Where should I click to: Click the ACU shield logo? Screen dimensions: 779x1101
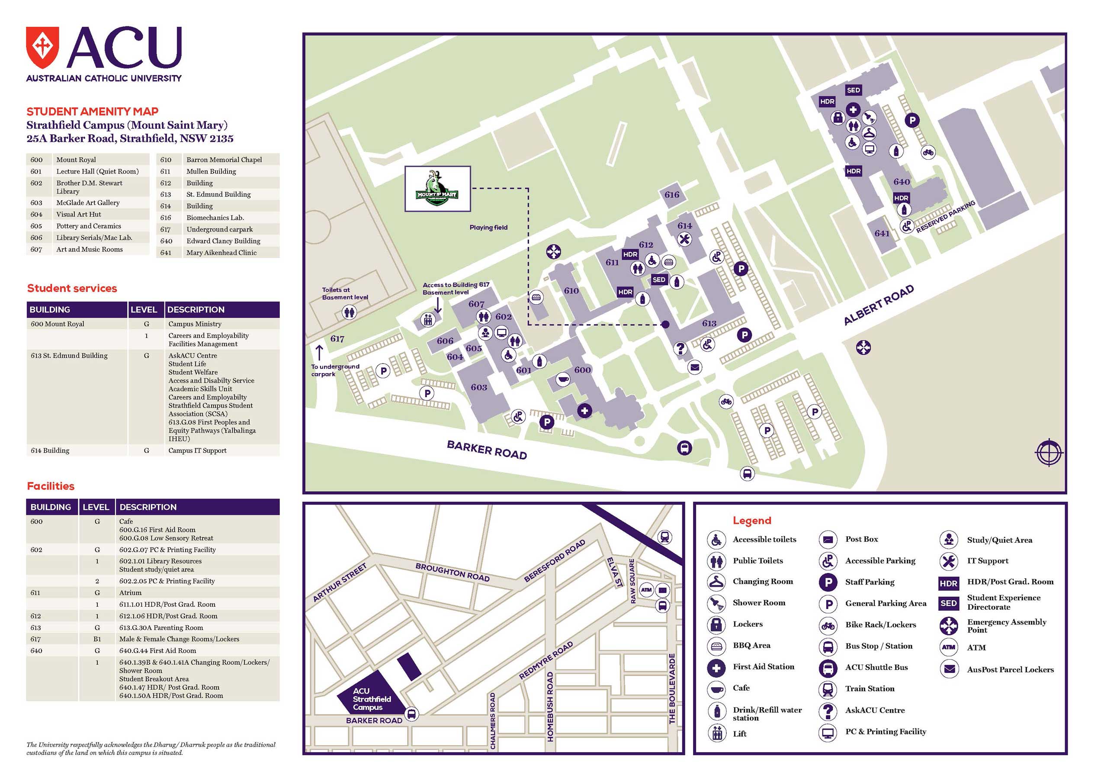(x=42, y=48)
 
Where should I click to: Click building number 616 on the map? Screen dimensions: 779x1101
(x=671, y=195)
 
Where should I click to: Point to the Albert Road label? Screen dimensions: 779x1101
(x=879, y=305)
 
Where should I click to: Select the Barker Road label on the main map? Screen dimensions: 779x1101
(x=487, y=450)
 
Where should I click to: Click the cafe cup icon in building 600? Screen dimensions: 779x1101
(x=563, y=380)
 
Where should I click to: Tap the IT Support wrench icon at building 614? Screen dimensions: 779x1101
(x=684, y=239)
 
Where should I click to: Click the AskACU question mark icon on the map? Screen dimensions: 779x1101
(x=680, y=348)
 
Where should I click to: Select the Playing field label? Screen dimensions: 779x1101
(x=488, y=227)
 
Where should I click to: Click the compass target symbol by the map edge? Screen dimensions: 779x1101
(x=1049, y=452)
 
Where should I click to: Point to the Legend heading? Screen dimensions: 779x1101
(x=751, y=521)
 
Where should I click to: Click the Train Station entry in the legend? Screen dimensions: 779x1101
(x=870, y=689)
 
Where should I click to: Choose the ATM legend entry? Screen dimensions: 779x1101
(x=976, y=647)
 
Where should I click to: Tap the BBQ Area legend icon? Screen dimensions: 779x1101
(x=716, y=646)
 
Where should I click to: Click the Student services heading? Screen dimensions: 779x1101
(x=72, y=288)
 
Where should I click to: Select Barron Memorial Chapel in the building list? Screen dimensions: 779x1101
(x=224, y=160)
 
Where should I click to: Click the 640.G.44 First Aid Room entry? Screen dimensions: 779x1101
(x=157, y=650)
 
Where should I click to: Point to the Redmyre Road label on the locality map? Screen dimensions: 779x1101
(x=546, y=660)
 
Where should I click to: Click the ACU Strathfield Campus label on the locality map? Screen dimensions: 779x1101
(x=371, y=699)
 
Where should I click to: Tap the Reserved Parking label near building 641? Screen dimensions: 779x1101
(x=945, y=217)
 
